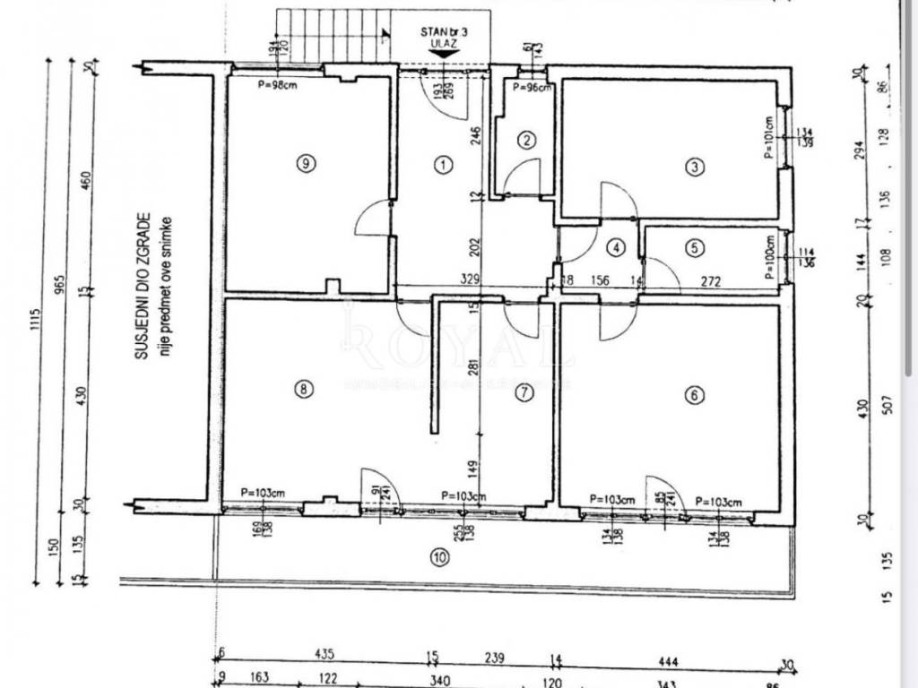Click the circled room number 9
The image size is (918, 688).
307,163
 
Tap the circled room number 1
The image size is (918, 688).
441,164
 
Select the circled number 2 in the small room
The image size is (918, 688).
527,139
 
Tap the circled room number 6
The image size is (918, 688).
693,393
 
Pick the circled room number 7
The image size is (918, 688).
524,391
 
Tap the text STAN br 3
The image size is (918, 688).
444,30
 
